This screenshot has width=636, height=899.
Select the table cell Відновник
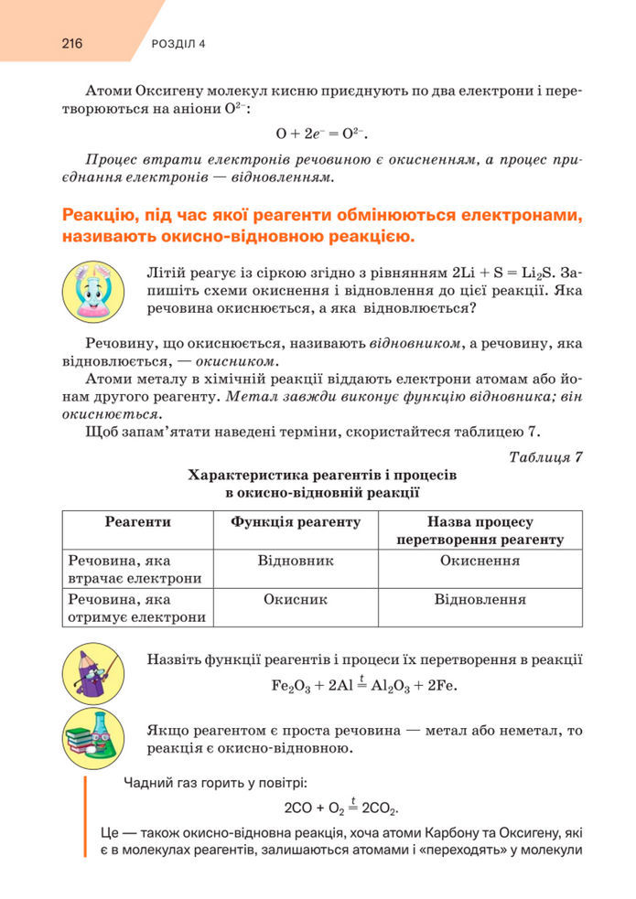[x=296, y=561]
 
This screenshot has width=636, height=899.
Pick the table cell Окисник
[x=296, y=600]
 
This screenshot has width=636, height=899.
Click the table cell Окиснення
[x=480, y=561]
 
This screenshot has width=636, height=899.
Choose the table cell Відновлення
[x=480, y=600]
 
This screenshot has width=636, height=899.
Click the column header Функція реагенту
[x=296, y=521]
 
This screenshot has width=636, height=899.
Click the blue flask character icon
[x=91, y=288]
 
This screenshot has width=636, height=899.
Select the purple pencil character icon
[x=91, y=674]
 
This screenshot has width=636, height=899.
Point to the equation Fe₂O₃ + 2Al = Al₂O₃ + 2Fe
[x=364, y=685]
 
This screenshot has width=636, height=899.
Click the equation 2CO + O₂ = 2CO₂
[x=342, y=808]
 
